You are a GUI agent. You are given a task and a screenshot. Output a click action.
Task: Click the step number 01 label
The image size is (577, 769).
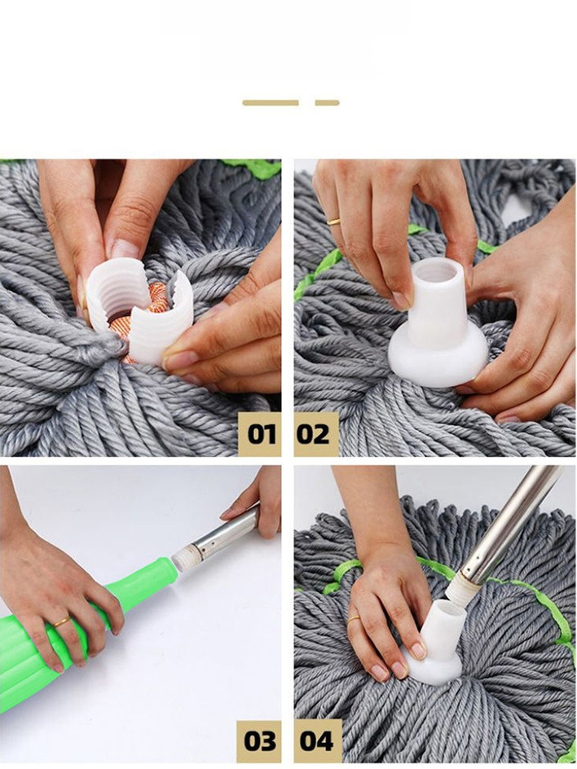259,434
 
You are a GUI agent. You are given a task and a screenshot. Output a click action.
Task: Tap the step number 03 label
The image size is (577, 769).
259,741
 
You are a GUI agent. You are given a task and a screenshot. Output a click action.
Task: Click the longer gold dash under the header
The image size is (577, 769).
271,103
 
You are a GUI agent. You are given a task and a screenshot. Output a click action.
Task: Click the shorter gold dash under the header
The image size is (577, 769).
328,103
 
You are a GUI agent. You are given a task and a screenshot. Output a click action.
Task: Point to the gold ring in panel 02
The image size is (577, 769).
333,222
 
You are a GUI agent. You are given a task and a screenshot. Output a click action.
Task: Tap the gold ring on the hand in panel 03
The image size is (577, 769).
62,622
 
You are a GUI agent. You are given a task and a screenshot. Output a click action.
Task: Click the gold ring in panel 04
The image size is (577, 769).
353,619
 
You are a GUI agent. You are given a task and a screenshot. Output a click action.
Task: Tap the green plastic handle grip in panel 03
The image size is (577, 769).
73,628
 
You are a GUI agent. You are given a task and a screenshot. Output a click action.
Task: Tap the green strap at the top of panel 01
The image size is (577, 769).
253,167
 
